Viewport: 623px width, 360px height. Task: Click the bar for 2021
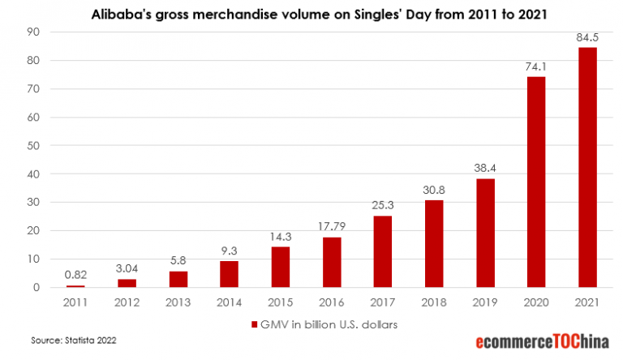pos(586,167)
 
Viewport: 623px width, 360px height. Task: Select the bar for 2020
pos(535,182)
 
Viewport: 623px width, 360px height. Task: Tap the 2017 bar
pos(382,251)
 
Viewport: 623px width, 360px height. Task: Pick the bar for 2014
pos(229,274)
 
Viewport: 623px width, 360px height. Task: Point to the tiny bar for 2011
pos(75,286)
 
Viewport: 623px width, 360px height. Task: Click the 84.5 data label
pos(586,36)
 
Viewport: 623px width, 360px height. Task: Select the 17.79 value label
pos(331,225)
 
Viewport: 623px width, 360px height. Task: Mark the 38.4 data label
pos(484,167)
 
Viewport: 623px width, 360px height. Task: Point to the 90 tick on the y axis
pos(34,32)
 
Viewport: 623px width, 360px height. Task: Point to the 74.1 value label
pos(535,66)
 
